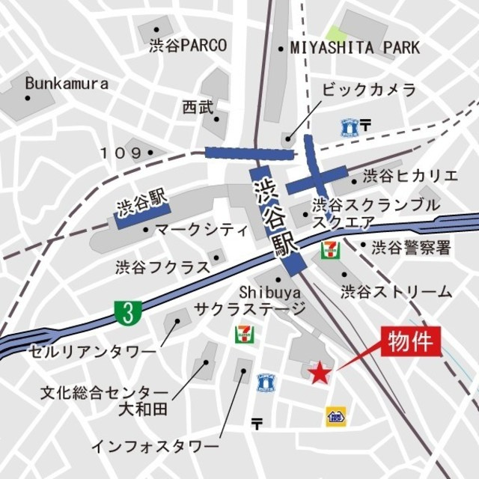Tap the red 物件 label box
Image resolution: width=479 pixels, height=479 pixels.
tap(409, 343)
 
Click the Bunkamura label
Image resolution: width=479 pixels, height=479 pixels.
tap(66, 83)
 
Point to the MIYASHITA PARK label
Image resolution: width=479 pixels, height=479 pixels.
tap(355, 48)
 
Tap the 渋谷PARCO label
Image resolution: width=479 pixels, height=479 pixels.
tap(187, 46)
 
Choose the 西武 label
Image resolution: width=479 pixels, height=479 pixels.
tap(197, 107)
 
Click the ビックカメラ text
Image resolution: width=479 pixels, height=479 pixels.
tap(368, 90)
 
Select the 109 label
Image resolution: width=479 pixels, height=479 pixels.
tap(120, 153)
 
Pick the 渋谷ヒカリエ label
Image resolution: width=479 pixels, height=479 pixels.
tap(409, 177)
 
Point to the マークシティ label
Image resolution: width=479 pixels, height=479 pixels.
tap(201, 229)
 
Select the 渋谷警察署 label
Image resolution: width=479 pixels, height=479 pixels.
tap(412, 246)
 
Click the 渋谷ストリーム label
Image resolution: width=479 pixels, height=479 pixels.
tap(396, 291)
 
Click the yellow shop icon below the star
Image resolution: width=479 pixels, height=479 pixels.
tap(335, 416)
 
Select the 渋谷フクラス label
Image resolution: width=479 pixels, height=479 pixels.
tap(161, 266)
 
